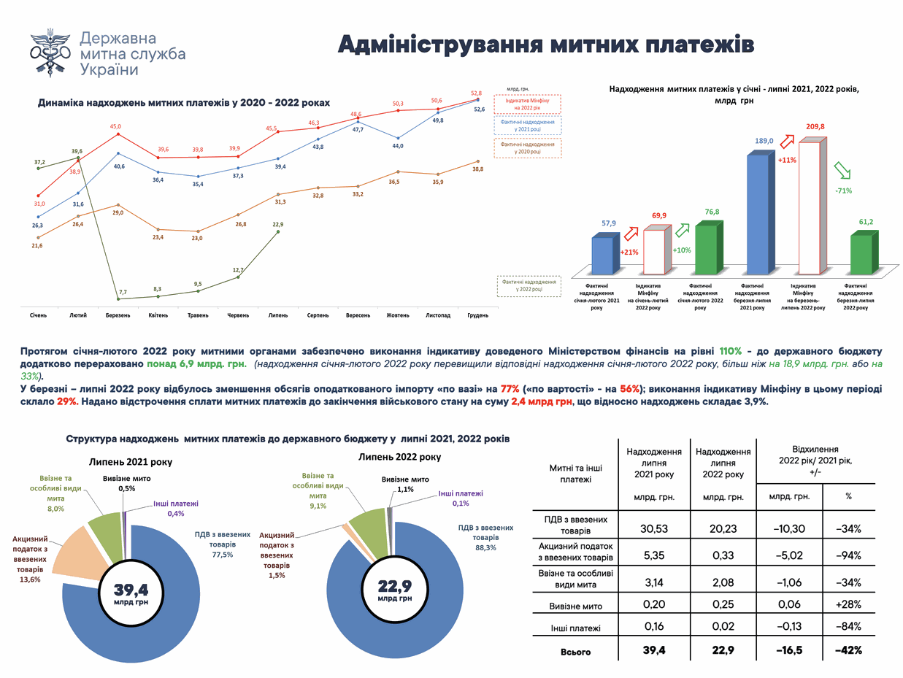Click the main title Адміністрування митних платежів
coord(545,44)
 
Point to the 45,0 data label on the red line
coord(116,126)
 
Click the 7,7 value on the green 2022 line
coord(122,291)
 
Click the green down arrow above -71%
coord(843,170)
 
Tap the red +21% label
coord(629,253)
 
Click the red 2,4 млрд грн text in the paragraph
coord(541,402)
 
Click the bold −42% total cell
coord(849,651)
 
